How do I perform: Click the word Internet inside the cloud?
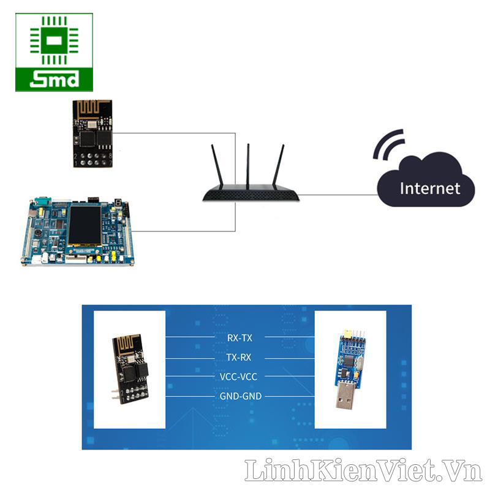[x=429, y=187]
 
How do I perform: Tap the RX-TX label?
[x=240, y=337]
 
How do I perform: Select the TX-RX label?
[x=240, y=356]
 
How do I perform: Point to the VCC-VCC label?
[x=240, y=377]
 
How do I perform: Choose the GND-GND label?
[x=240, y=396]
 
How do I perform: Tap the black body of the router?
[x=251, y=195]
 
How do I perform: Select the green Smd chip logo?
[x=55, y=52]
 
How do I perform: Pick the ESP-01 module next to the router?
[x=92, y=133]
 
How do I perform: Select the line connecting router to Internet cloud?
[x=337, y=195]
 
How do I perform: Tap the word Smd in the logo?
[x=55, y=79]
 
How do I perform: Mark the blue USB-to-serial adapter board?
[x=347, y=358]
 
